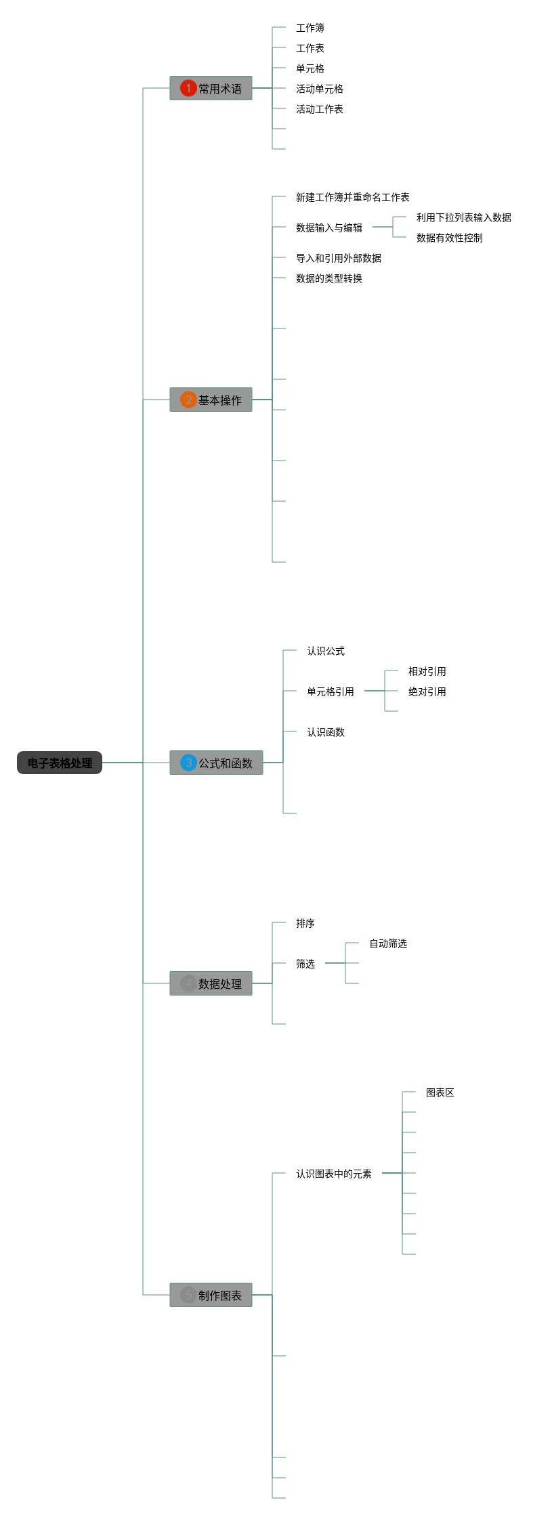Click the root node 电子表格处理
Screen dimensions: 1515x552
click(60, 763)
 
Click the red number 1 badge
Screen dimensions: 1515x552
click(188, 88)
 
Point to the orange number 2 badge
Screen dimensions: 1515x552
click(188, 400)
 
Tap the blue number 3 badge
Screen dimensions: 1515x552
click(188, 763)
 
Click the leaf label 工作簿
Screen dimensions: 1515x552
click(310, 28)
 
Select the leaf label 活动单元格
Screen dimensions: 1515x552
click(320, 89)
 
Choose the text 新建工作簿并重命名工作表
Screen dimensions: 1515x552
click(352, 197)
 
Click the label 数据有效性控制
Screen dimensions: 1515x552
click(450, 238)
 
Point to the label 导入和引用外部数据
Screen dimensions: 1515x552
click(339, 258)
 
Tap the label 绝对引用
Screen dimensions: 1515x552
click(427, 691)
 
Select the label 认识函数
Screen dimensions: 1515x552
click(326, 732)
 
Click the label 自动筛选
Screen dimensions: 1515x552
click(388, 943)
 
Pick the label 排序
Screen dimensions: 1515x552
click(305, 923)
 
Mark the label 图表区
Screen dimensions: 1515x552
click(440, 1092)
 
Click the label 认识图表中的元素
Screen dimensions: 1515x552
click(334, 1174)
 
